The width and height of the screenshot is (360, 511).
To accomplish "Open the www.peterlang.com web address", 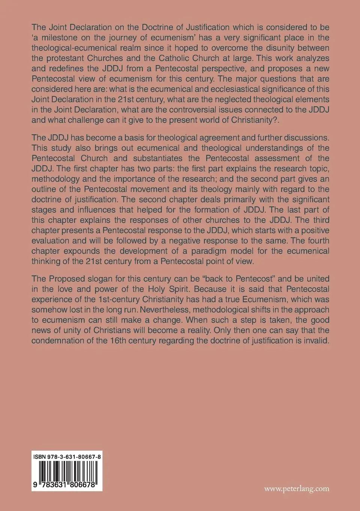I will pyautogui.click(x=297, y=489).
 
